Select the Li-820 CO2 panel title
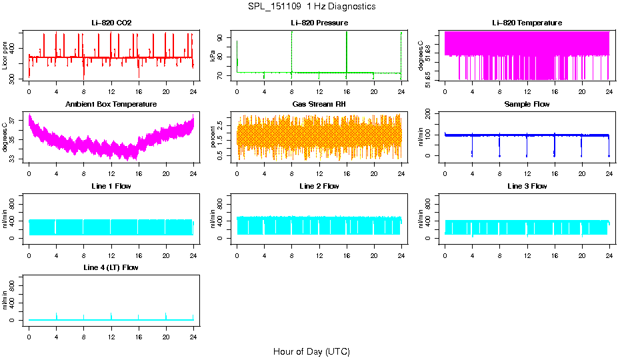[x=111, y=23]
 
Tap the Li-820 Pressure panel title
[x=319, y=23]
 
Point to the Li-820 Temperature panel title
[x=527, y=23]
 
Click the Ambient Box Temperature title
[x=111, y=105]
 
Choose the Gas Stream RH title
[x=319, y=105]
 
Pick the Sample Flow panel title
[x=527, y=105]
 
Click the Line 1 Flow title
[x=111, y=186]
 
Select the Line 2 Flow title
[x=319, y=186]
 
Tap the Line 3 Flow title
[x=527, y=186]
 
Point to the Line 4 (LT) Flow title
[x=111, y=267]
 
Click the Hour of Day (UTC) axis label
[x=311, y=351]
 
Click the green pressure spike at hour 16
[x=347, y=50]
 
